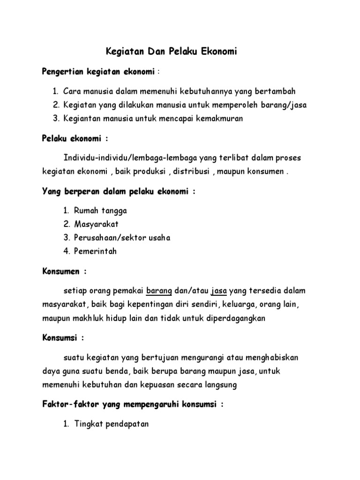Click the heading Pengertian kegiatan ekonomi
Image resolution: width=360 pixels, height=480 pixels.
tap(98, 72)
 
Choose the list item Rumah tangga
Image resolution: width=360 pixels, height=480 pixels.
tap(100, 210)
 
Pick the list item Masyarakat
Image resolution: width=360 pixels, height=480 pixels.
tap(96, 224)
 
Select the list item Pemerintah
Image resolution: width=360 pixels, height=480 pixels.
tap(95, 251)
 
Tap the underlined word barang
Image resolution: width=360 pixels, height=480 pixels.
tap(159, 291)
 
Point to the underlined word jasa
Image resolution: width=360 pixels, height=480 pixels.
tap(219, 291)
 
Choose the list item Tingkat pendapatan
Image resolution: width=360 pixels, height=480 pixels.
tap(111, 425)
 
